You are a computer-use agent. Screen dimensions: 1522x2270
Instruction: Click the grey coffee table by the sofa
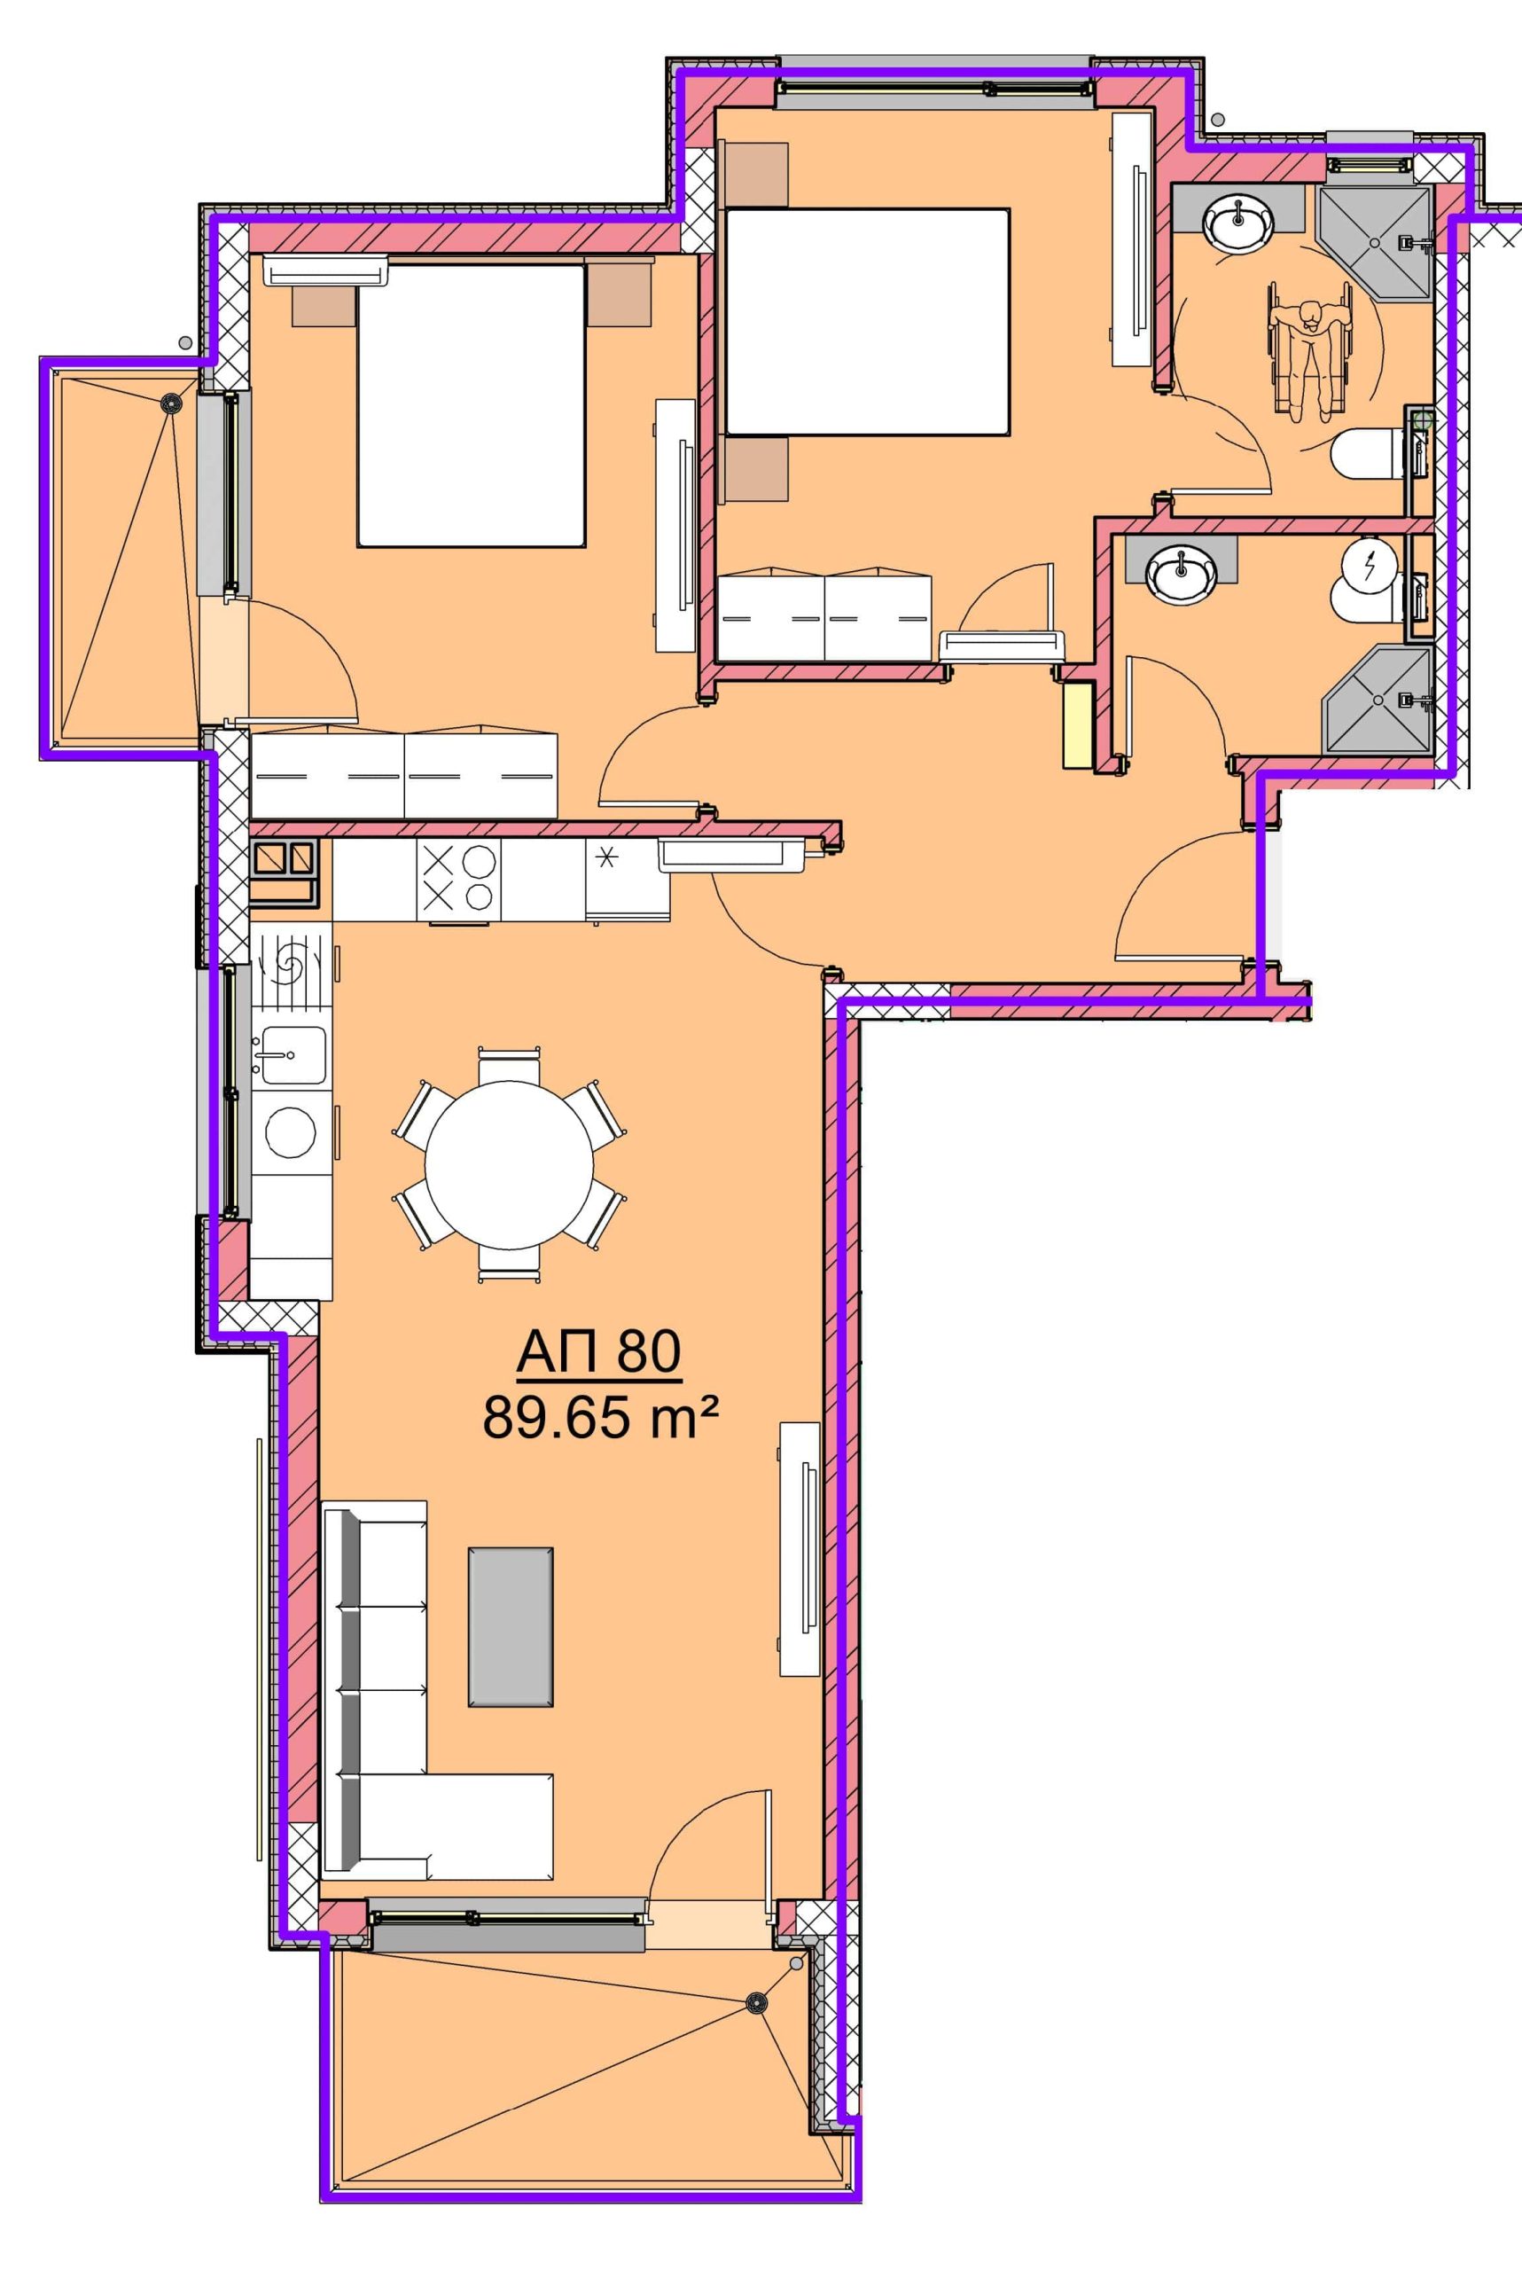coord(511,1626)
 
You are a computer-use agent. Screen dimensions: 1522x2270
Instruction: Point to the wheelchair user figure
coord(1309,349)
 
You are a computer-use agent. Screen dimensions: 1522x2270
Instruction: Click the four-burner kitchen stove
coord(458,879)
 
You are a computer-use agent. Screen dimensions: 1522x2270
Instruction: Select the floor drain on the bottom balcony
coord(755,2002)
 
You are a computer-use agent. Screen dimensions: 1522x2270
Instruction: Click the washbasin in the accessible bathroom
coord(1237,221)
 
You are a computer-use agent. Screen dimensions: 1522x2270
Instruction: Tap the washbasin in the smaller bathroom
coord(1181,572)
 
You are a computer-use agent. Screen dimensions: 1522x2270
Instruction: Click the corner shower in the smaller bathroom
coord(1378,700)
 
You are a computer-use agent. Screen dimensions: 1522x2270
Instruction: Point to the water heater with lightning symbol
coord(1370,565)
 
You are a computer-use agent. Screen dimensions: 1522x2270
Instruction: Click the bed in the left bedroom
coord(471,405)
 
